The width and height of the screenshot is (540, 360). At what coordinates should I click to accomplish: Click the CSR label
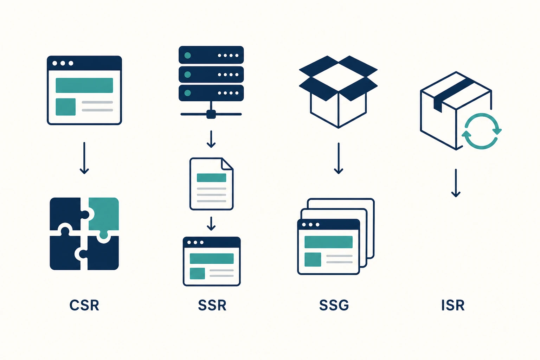pos(84,305)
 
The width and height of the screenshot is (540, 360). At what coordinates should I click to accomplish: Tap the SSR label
pos(212,305)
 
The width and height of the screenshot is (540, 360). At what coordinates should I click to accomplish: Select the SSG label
pos(334,305)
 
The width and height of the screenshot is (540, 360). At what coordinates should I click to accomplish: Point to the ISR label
pos(453,305)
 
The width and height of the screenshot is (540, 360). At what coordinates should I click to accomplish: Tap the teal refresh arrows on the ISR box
pos(482,131)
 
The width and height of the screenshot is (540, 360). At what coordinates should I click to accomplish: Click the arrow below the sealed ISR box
pos(456,183)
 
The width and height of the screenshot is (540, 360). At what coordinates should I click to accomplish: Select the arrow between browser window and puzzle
pos(84,158)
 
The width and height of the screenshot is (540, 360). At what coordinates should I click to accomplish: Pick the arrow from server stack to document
pos(211,139)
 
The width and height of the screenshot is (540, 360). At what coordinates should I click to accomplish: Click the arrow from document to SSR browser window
pos(211,224)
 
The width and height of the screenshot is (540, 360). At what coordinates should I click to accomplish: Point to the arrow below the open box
pos(339,158)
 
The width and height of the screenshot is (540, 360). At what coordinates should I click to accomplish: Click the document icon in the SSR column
pos(211,184)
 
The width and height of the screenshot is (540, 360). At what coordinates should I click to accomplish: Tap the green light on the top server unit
pos(187,56)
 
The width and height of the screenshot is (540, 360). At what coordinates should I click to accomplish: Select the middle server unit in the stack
pos(211,75)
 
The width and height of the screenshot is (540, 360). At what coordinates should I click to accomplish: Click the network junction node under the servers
pos(211,114)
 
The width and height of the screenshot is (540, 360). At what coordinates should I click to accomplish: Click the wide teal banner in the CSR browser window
pos(84,85)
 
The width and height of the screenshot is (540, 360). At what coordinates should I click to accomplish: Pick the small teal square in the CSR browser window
pos(66,107)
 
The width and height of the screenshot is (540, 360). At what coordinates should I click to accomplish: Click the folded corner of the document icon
pos(227,164)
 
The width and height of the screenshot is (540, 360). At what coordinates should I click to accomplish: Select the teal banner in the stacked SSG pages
pos(329,242)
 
